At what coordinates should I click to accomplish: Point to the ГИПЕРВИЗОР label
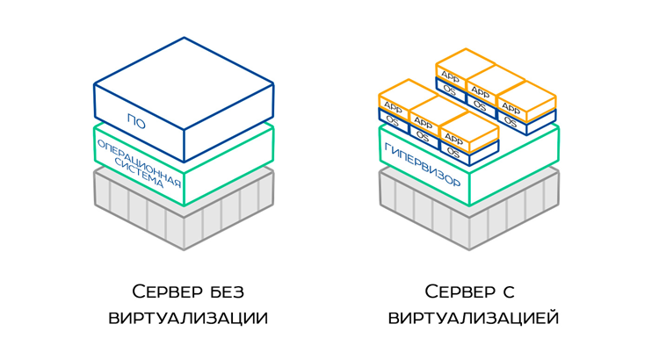(x=422, y=166)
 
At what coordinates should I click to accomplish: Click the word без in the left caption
(x=228, y=291)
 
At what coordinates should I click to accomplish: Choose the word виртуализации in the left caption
(x=188, y=317)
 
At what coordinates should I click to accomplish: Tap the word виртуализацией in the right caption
(x=474, y=317)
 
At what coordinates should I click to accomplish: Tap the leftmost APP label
(x=393, y=108)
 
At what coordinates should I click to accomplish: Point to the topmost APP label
(x=450, y=76)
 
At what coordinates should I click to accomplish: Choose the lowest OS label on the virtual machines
(x=453, y=151)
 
